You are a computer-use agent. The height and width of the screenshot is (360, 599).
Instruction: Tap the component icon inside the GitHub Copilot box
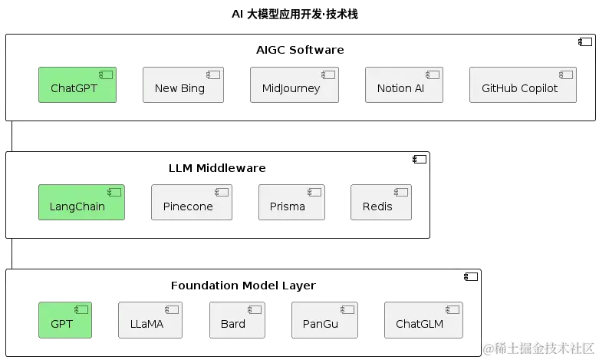pos(567,74)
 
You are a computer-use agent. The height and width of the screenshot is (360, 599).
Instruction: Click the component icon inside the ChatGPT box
pos(106,74)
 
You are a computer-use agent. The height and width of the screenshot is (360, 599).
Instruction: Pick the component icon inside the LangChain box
pos(114,192)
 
